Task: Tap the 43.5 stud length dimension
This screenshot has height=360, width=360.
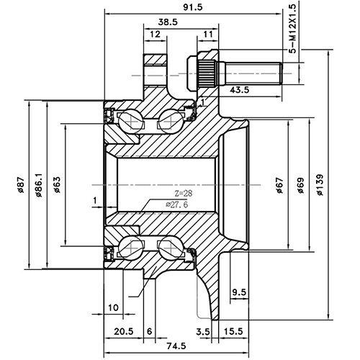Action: (240, 90)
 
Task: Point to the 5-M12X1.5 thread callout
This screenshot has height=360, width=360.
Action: (292, 29)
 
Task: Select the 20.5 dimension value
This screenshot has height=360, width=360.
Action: (124, 330)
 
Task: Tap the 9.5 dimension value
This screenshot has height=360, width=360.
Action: (240, 292)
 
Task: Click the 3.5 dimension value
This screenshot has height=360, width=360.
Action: (203, 330)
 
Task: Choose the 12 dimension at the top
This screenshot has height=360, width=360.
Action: (155, 35)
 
